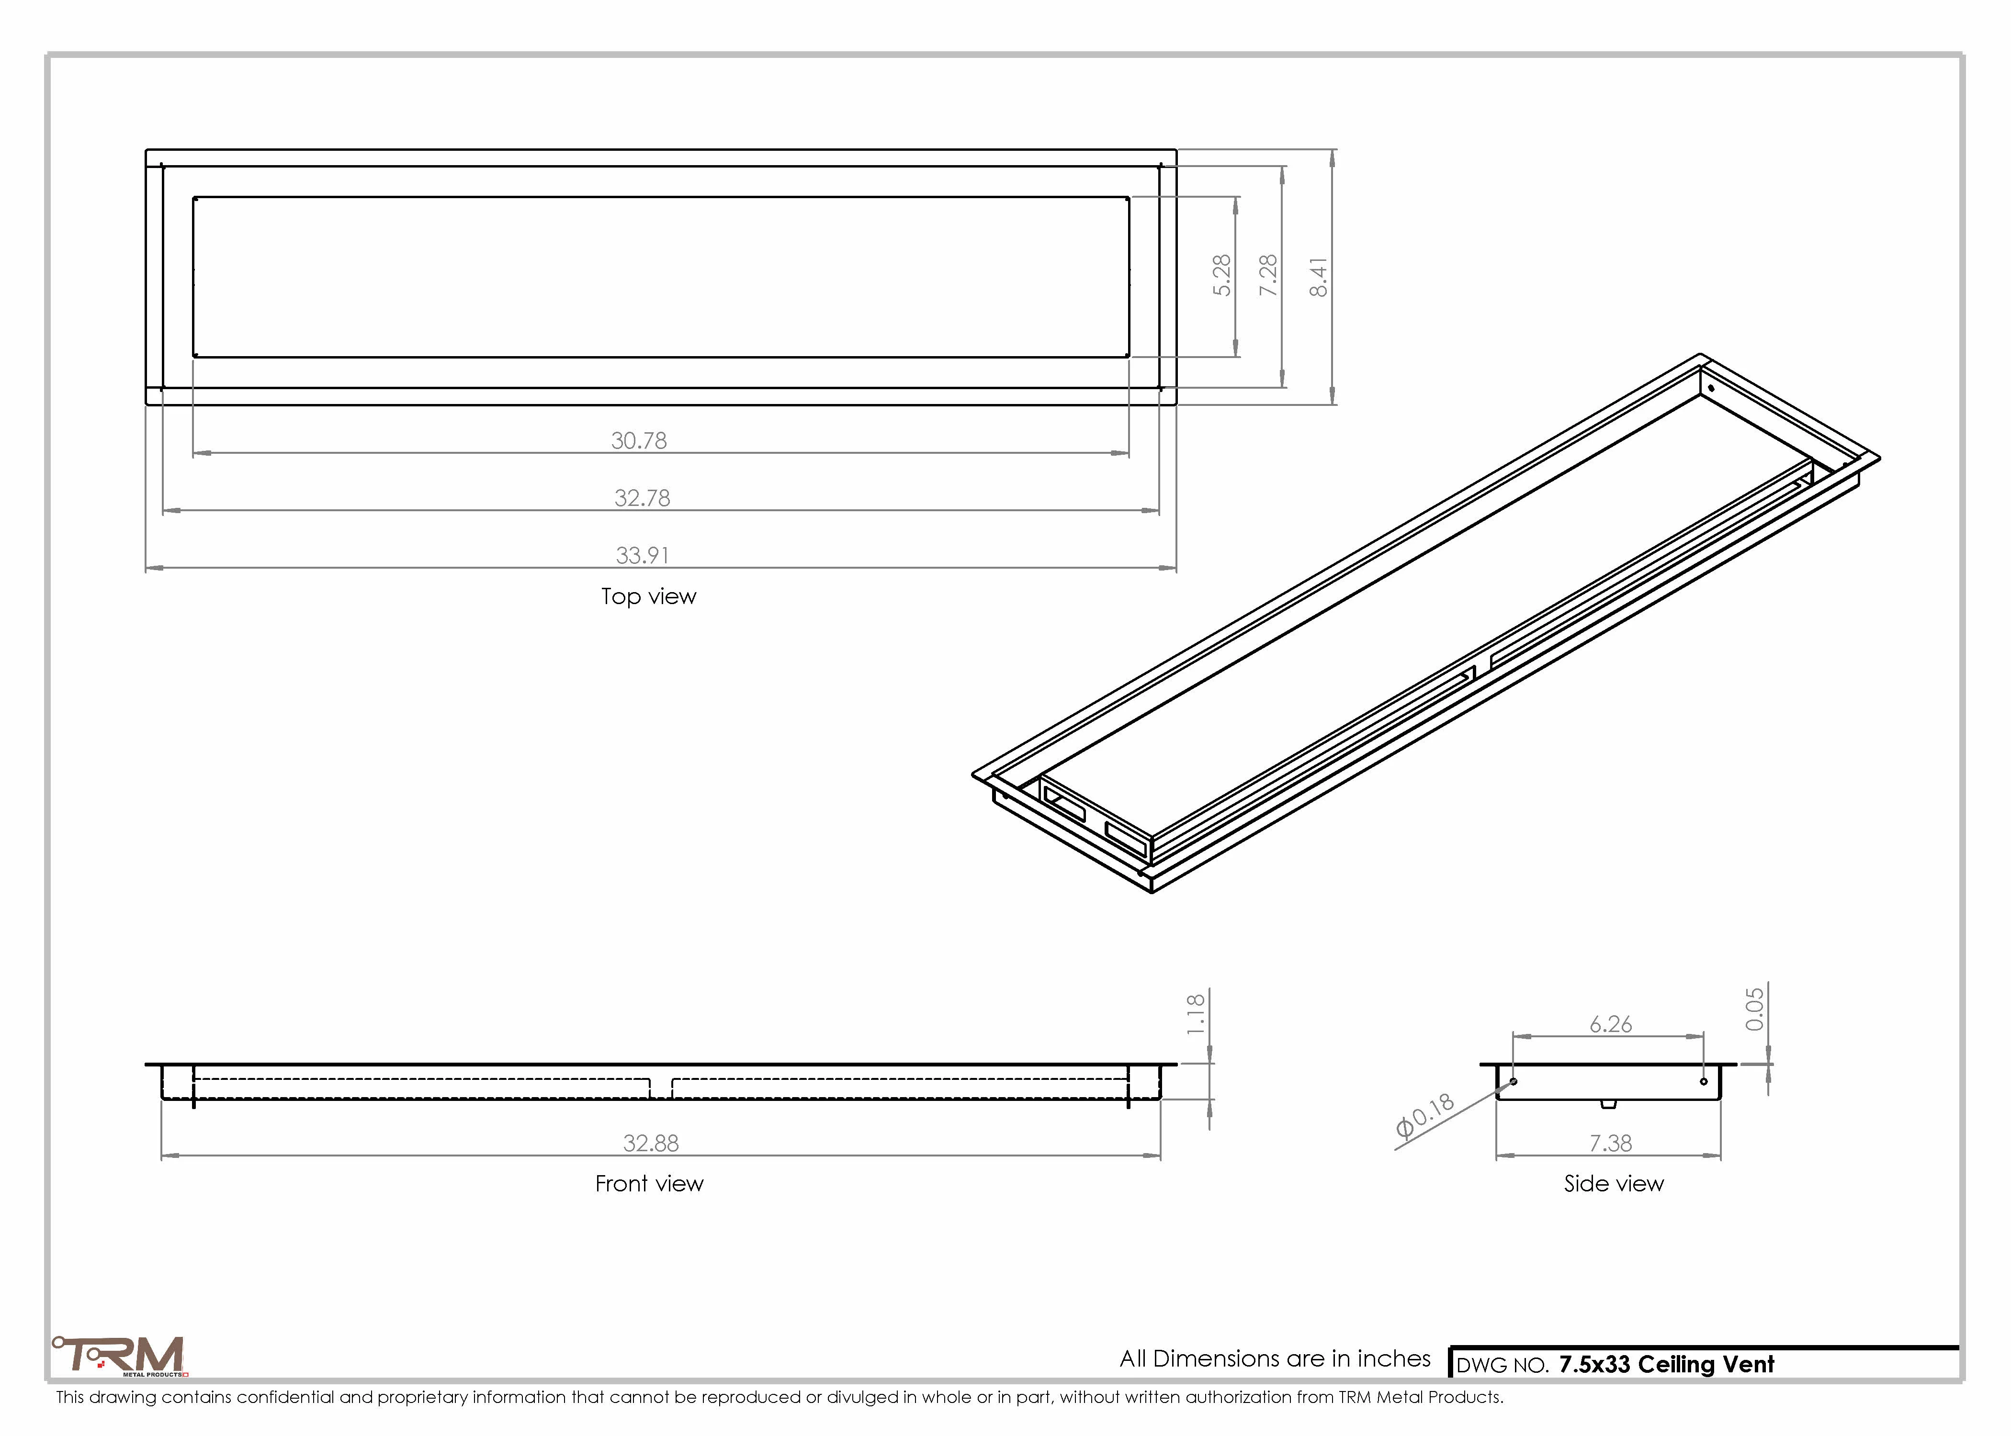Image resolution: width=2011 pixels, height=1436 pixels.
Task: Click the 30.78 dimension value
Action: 639,440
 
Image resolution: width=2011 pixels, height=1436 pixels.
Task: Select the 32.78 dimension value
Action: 642,498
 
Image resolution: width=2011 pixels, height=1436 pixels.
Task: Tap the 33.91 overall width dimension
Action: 642,555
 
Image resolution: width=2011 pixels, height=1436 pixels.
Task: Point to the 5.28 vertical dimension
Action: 1221,275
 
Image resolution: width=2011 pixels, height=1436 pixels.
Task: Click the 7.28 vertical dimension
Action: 1268,275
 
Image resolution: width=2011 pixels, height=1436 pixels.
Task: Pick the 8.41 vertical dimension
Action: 1318,278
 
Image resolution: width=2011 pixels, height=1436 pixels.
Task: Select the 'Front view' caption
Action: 649,1183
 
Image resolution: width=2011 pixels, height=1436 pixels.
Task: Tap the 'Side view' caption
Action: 1613,1183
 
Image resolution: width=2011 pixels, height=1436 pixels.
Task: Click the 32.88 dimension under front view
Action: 651,1144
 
